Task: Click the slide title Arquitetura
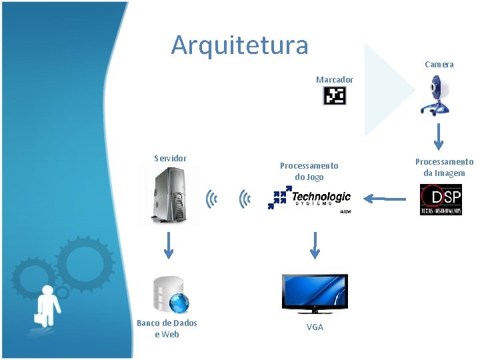tap(239, 45)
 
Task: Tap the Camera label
tap(439, 65)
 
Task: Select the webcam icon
tap(439, 95)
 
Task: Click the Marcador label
tap(335, 80)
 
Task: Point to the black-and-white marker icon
tap(335, 97)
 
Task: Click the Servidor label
tap(170, 159)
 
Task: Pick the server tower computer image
tap(169, 194)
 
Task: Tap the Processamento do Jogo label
tap(309, 171)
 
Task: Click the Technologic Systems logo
tap(310, 199)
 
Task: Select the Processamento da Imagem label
tap(444, 167)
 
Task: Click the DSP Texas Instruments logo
tap(441, 199)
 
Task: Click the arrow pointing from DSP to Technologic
tap(387, 198)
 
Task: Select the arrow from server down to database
tap(169, 244)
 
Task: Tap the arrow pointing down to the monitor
tap(315, 244)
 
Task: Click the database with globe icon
tap(170, 295)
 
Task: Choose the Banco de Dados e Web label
tap(167, 329)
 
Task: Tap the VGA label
tap(315, 327)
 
